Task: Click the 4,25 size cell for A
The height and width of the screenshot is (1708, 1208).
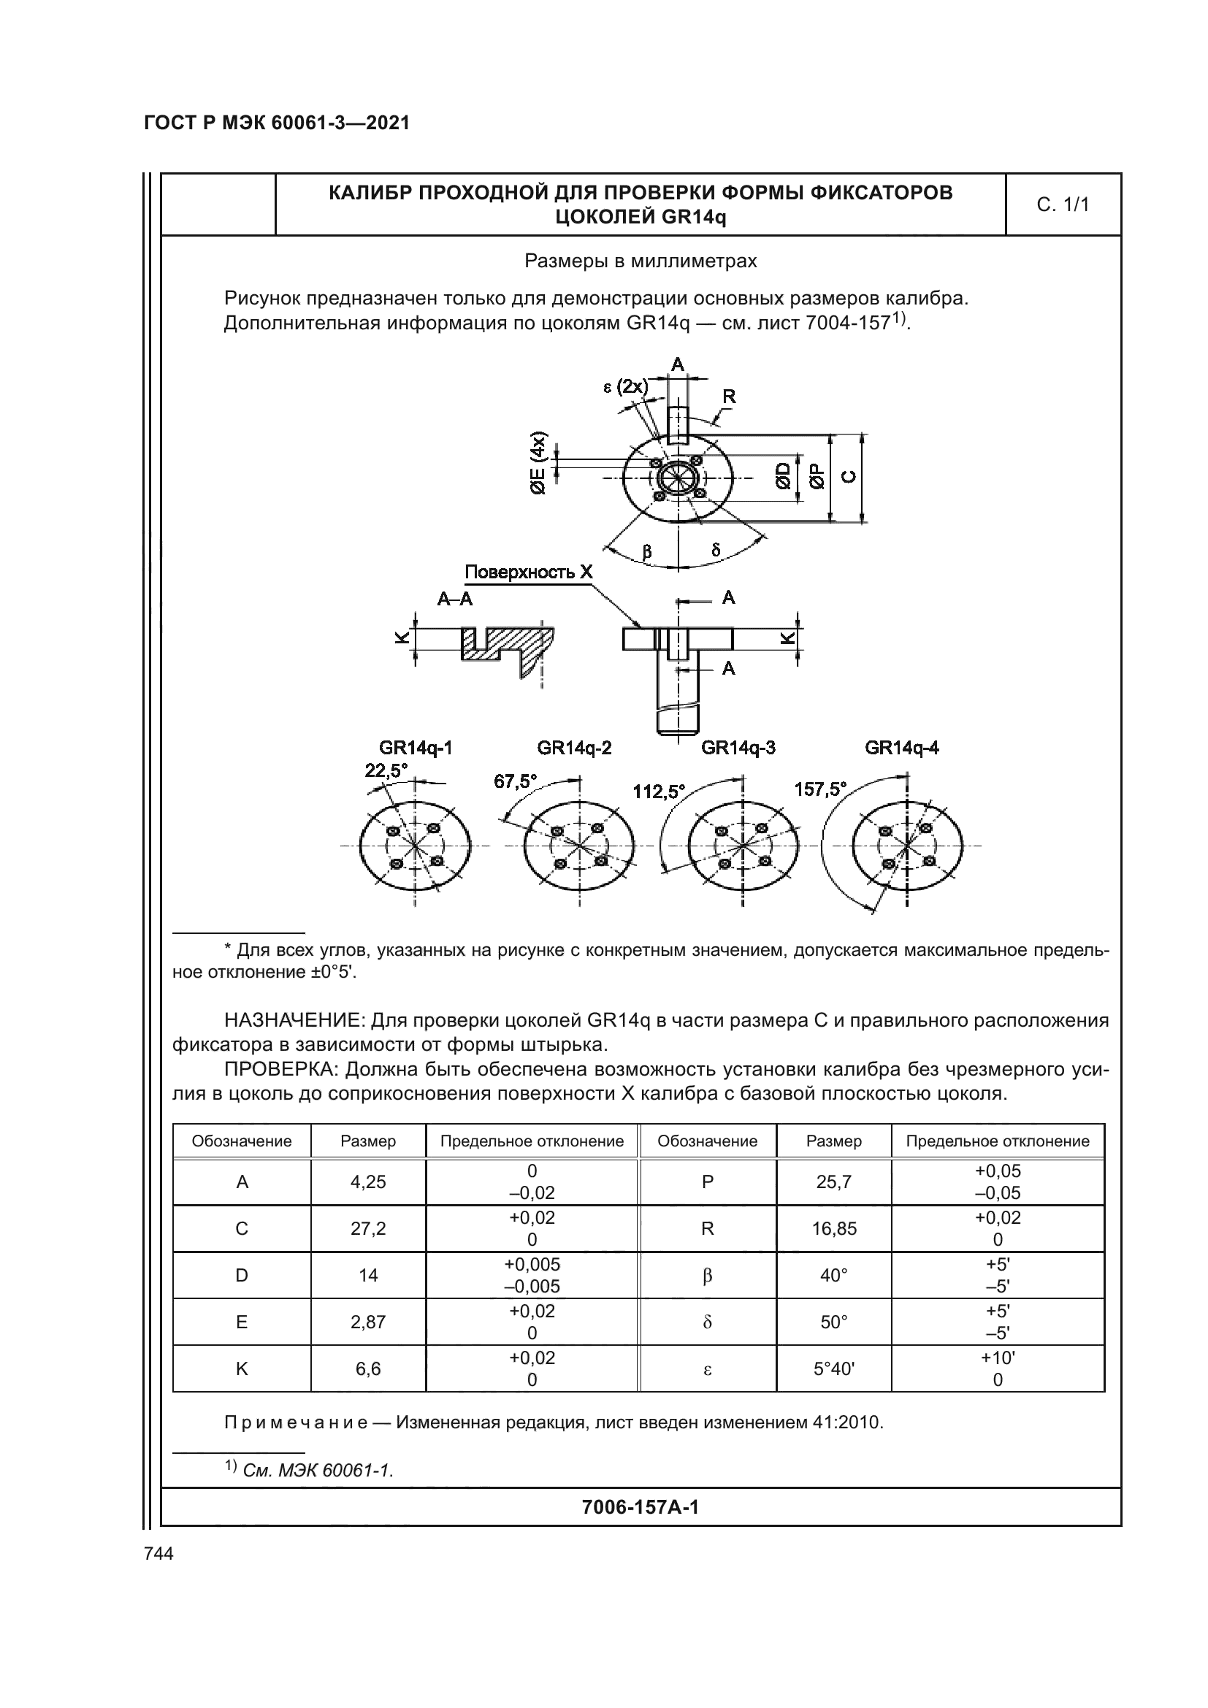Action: coord(368,1182)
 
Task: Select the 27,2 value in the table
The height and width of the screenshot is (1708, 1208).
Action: coord(368,1229)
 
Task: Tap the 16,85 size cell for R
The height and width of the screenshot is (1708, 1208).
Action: coord(834,1229)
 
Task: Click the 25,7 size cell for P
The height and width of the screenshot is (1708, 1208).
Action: coord(834,1182)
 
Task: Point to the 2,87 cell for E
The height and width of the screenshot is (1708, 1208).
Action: coord(368,1322)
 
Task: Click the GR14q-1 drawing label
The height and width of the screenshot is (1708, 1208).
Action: coord(415,748)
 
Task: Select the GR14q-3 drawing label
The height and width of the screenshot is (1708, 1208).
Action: coord(738,748)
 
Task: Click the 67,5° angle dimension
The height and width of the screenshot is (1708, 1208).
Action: coord(515,782)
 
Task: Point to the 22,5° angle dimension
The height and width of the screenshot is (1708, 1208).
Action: coord(386,770)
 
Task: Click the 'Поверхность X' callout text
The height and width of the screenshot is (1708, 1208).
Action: coord(528,572)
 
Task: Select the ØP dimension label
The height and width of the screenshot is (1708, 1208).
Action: coord(817,476)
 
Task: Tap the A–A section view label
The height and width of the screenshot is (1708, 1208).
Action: coord(454,599)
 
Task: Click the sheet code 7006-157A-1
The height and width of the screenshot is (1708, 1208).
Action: coord(640,1508)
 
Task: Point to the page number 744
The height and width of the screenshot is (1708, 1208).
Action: coord(158,1554)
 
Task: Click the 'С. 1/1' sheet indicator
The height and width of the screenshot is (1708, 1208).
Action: coord(1062,204)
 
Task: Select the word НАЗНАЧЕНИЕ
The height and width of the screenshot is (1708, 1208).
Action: coord(293,1021)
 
